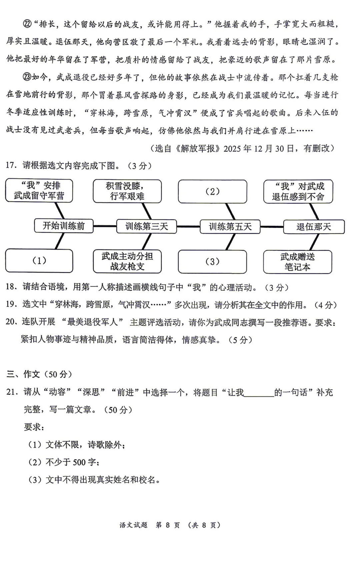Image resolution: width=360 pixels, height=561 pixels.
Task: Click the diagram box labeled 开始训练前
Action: (64, 226)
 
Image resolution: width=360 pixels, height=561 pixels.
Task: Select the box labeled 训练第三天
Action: (147, 227)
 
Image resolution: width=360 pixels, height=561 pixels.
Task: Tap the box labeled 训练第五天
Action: (230, 227)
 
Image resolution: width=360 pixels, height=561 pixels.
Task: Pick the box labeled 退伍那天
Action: (314, 227)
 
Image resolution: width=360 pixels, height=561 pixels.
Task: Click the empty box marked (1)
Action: (39, 261)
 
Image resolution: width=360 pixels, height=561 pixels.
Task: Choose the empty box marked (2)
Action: (213, 192)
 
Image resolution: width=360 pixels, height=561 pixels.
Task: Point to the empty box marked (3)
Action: (213, 262)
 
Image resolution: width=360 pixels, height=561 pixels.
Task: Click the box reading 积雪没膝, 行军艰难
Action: (127, 191)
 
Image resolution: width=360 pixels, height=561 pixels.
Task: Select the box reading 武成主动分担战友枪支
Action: (127, 262)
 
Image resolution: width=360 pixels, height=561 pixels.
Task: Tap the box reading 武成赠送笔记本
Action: (297, 262)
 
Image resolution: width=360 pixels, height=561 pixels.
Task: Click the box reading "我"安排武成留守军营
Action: (39, 191)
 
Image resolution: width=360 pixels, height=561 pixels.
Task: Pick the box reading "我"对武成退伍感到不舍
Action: (298, 192)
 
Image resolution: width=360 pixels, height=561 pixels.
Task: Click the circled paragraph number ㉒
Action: (27, 24)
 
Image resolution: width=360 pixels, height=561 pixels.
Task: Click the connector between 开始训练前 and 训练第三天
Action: (105, 226)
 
